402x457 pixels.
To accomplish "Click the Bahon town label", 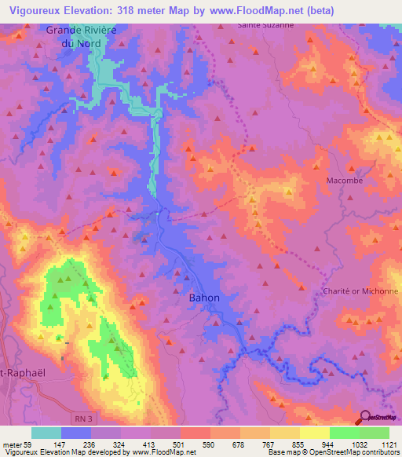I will [204, 298].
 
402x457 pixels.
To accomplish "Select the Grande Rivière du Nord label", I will [79, 36].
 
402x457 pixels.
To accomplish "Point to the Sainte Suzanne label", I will [265, 24].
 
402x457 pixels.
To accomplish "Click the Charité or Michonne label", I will [361, 291].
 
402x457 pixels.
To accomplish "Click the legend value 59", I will [32, 444].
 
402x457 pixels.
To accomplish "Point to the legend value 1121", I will [388, 444].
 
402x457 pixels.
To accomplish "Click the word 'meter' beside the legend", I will [13, 444].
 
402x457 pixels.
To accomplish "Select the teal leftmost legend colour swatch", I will [46, 433].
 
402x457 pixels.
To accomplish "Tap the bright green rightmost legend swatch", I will [374, 433].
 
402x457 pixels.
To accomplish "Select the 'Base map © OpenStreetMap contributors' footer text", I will [333, 452].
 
